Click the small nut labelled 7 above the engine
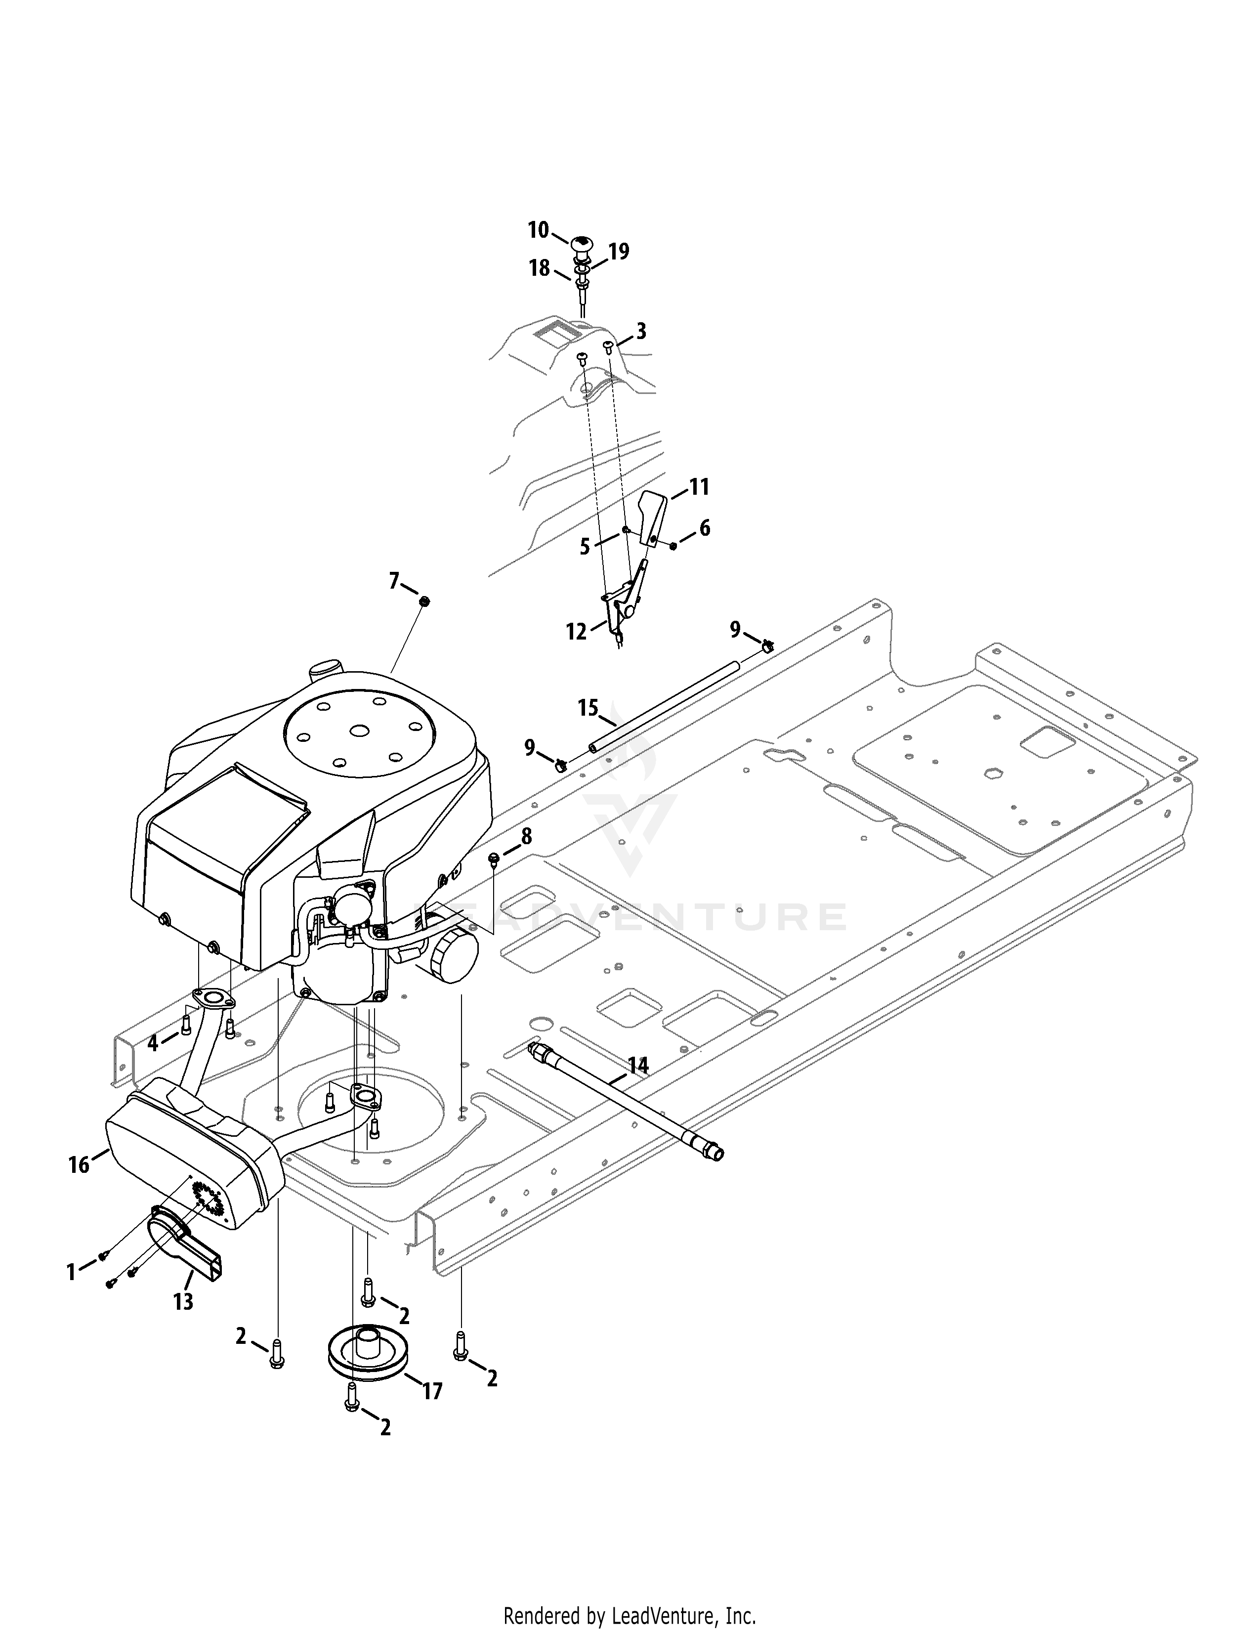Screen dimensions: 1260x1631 (424, 601)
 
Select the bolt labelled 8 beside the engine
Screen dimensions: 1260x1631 (493, 859)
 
